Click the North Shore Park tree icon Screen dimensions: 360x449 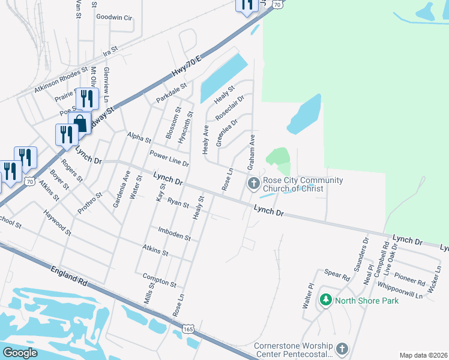(326, 299)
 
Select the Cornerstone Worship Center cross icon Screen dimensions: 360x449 (342, 349)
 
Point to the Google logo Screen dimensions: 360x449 (20, 352)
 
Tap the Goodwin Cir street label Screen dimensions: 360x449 (114, 18)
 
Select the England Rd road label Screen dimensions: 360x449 (70, 276)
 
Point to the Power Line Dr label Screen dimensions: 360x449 (169, 158)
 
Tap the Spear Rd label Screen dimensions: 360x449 (337, 275)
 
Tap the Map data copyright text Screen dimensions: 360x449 (423, 355)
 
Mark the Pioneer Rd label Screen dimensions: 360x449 (414, 279)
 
